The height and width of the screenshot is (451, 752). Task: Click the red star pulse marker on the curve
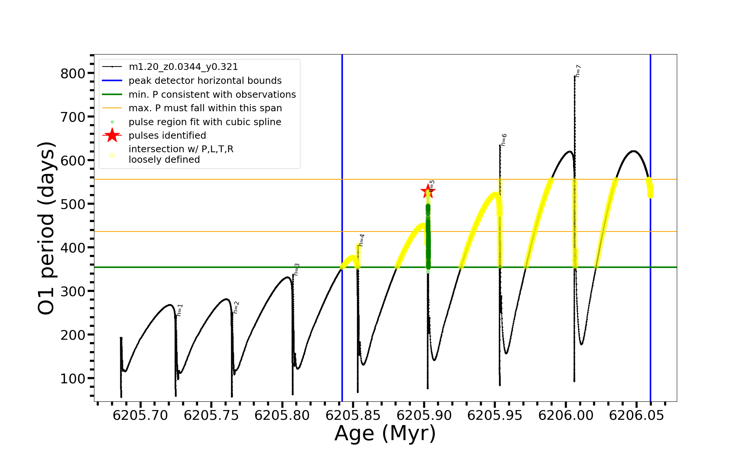click(428, 192)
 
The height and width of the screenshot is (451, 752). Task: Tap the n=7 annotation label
click(578, 71)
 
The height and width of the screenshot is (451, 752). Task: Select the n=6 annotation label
click(504, 139)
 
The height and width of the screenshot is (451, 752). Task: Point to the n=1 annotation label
click(180, 310)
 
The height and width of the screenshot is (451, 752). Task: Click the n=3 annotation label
click(297, 269)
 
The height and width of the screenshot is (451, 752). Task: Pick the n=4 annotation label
click(361, 240)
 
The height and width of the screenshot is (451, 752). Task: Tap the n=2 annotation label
click(236, 307)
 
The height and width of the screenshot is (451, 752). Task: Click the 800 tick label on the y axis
click(73, 74)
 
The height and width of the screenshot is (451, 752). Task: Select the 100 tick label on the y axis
click(73, 379)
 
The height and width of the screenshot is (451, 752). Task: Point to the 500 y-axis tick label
click(73, 204)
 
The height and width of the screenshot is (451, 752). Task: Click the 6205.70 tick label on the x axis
click(140, 416)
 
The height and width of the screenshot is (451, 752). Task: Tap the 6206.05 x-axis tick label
click(637, 416)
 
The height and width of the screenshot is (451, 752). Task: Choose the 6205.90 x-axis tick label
click(424, 416)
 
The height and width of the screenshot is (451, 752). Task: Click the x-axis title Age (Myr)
click(385, 433)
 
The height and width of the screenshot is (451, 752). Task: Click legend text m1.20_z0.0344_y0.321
click(183, 67)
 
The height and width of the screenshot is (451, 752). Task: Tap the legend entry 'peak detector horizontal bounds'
click(205, 81)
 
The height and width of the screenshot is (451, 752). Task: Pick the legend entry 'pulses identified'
click(167, 136)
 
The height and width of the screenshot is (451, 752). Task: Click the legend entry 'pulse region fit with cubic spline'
click(205, 122)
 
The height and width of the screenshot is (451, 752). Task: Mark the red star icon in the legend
click(112, 135)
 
